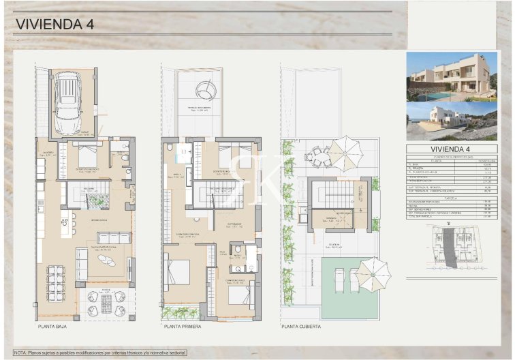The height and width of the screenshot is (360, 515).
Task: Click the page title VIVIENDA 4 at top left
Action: [x=54, y=25]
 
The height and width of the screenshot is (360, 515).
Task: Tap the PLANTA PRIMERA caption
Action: [x=182, y=327]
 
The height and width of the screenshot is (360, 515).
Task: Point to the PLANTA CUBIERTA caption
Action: [x=301, y=327]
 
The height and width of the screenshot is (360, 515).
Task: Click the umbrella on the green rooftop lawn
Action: [x=373, y=273]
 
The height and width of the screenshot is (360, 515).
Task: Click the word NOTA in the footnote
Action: [x=20, y=352]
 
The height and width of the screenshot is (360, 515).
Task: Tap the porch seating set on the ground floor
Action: [x=106, y=304]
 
